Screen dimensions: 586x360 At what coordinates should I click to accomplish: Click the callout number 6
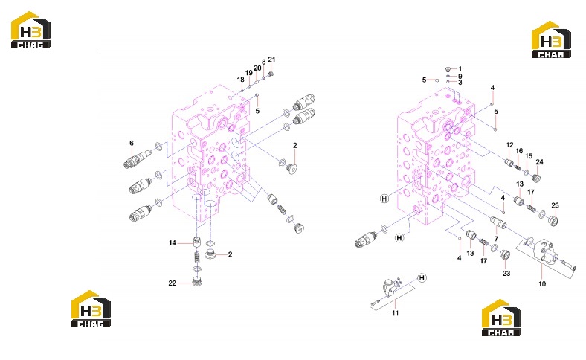(x=132, y=143)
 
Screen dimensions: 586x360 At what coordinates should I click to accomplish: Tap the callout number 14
(x=173, y=243)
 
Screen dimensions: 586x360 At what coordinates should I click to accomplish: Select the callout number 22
(x=173, y=283)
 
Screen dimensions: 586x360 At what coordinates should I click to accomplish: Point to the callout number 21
(x=271, y=60)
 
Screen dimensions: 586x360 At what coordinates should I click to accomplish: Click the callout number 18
(x=241, y=80)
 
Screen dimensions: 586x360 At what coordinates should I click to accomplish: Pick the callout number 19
(x=249, y=73)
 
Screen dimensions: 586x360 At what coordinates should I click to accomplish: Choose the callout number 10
(x=542, y=283)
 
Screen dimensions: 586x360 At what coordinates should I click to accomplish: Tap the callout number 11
(x=396, y=313)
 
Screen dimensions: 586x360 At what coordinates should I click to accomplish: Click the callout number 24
(x=539, y=162)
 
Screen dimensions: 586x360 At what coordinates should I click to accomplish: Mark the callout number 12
(x=509, y=145)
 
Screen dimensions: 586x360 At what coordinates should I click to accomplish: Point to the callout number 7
(x=496, y=239)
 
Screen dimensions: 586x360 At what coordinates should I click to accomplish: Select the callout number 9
(x=460, y=76)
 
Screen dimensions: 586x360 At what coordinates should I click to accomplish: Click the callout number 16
(x=520, y=151)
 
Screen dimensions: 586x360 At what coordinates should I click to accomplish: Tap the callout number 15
(x=529, y=156)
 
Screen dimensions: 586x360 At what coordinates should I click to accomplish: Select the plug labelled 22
(x=197, y=281)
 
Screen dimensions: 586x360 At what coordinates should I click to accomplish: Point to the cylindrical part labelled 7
(x=498, y=222)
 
